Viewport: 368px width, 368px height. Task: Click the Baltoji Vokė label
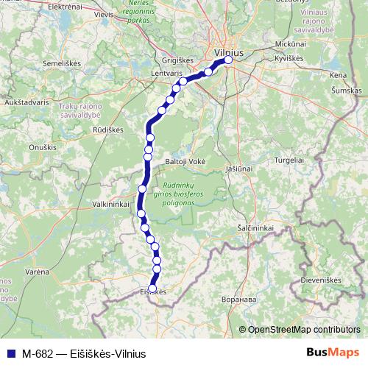click(x=185, y=160)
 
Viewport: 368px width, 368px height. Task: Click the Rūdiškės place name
click(x=107, y=130)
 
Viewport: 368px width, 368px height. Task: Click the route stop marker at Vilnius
click(x=228, y=61)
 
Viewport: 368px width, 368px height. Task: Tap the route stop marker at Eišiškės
click(x=153, y=289)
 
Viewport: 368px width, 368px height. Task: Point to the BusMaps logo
click(x=333, y=353)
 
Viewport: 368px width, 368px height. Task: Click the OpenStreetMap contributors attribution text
click(x=304, y=330)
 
